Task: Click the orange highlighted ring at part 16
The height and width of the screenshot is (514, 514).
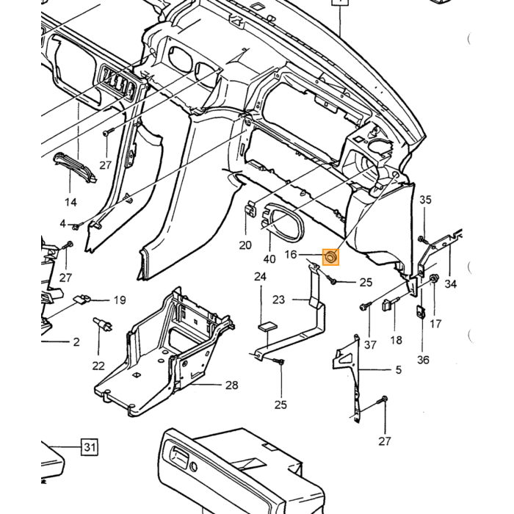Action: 330,257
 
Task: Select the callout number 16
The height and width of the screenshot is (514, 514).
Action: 291,255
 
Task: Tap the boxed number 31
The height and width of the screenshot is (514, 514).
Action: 90,447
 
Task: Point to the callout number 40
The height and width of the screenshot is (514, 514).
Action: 269,259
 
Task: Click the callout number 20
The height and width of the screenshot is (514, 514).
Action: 245,245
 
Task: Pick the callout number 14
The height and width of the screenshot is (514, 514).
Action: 70,202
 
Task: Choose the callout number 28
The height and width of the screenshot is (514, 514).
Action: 231,385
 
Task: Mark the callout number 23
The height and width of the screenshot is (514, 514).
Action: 278,300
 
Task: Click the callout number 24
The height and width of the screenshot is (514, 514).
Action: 260,277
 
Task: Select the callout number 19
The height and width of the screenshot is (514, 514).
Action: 120,300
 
